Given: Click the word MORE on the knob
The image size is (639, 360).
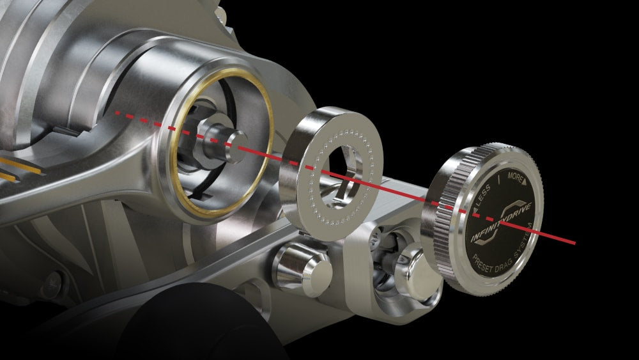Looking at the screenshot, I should coord(515,175).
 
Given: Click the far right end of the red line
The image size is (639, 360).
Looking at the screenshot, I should coord(574,243).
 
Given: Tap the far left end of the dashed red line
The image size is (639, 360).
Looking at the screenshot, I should coord(117,113).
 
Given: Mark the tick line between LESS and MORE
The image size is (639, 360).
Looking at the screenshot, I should coord(499,180).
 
